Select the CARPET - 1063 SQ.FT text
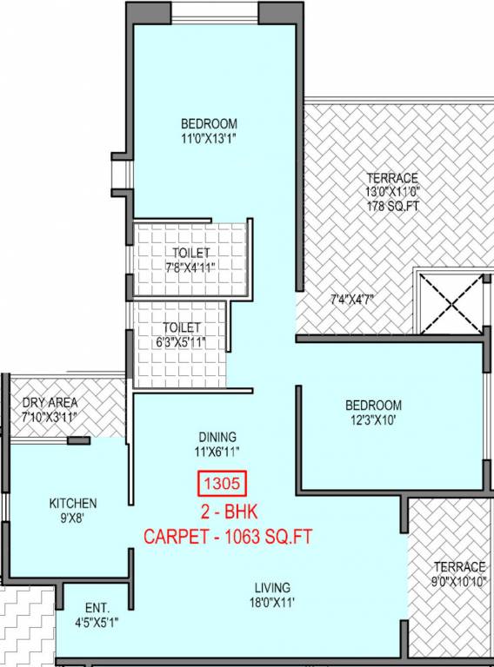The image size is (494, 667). coord(228,534)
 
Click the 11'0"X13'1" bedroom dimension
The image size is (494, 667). coord(209,138)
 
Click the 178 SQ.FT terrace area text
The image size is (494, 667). coord(391,206)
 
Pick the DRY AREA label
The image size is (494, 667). coord(50,403)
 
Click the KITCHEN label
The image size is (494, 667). coord(73,503)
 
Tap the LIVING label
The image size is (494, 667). coord(272,587)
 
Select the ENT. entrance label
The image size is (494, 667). coord(97,608)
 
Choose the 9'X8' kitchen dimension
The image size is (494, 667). coord(73,518)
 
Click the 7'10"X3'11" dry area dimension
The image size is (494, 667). coord(50,418)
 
